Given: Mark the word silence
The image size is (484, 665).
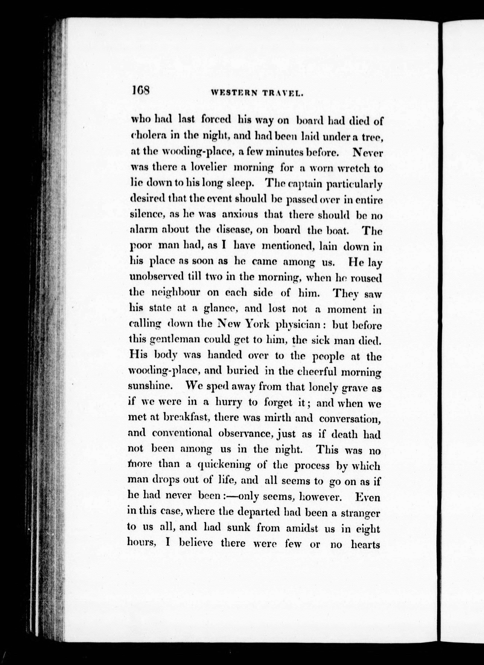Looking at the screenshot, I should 148,215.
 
